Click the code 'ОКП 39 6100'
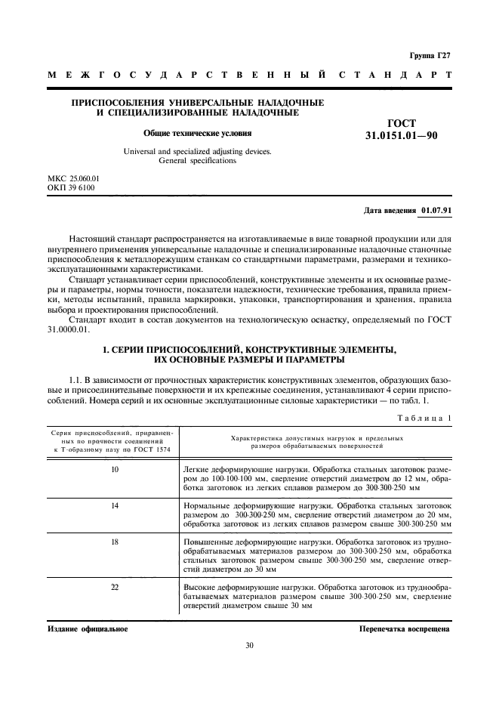pos(71,187)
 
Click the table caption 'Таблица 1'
pos(423,418)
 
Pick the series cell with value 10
pos(115,470)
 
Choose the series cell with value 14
pos(115,505)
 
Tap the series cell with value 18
pos(115,542)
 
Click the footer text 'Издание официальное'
pos(87,628)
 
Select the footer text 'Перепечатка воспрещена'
pos(405,628)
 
